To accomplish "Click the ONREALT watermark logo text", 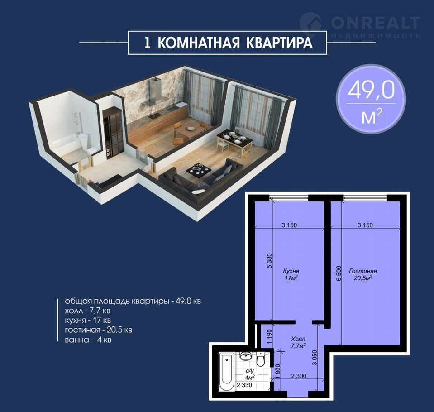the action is pyautogui.click(x=376, y=23).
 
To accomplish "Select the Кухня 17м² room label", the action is pyautogui.click(x=291, y=274).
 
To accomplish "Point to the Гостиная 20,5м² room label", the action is pyautogui.click(x=363, y=274).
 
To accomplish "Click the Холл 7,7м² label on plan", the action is pyautogui.click(x=298, y=342).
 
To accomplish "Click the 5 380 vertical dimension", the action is pyautogui.click(x=269, y=261).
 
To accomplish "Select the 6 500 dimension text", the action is pyautogui.click(x=338, y=274).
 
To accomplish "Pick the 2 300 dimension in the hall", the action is pyautogui.click(x=299, y=376).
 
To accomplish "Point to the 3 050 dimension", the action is pyautogui.click(x=315, y=358).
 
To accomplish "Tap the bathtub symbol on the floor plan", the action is pyautogui.click(x=226, y=371).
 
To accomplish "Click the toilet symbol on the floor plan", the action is pyautogui.click(x=261, y=358).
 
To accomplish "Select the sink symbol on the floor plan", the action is pyautogui.click(x=245, y=356).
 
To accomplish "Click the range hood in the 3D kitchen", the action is pyautogui.click(x=153, y=92).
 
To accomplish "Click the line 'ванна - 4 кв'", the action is pyautogui.click(x=88, y=340).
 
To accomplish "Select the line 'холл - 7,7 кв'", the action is pyautogui.click(x=87, y=311).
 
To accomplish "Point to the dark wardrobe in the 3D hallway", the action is pyautogui.click(x=112, y=133).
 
